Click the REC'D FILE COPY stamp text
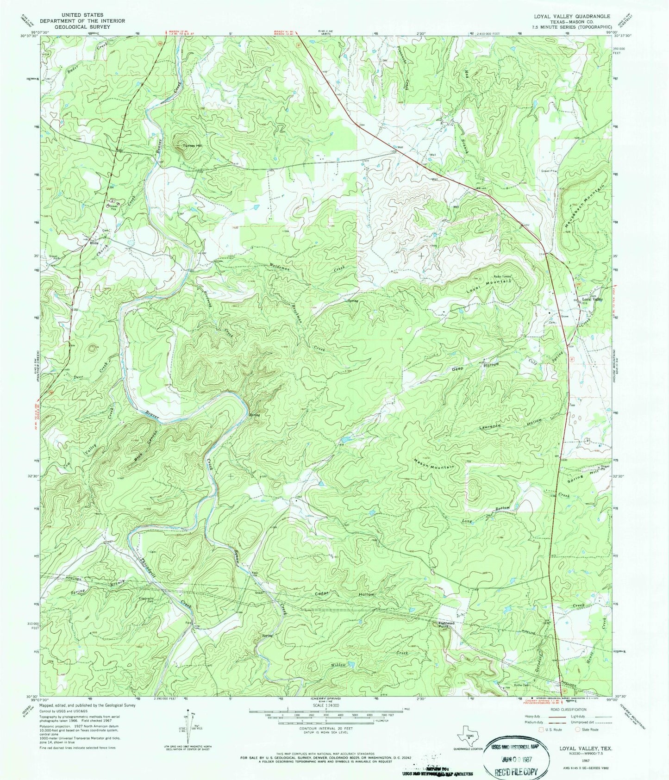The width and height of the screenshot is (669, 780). pos(518,772)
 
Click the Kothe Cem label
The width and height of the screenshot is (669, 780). pos(522,686)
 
